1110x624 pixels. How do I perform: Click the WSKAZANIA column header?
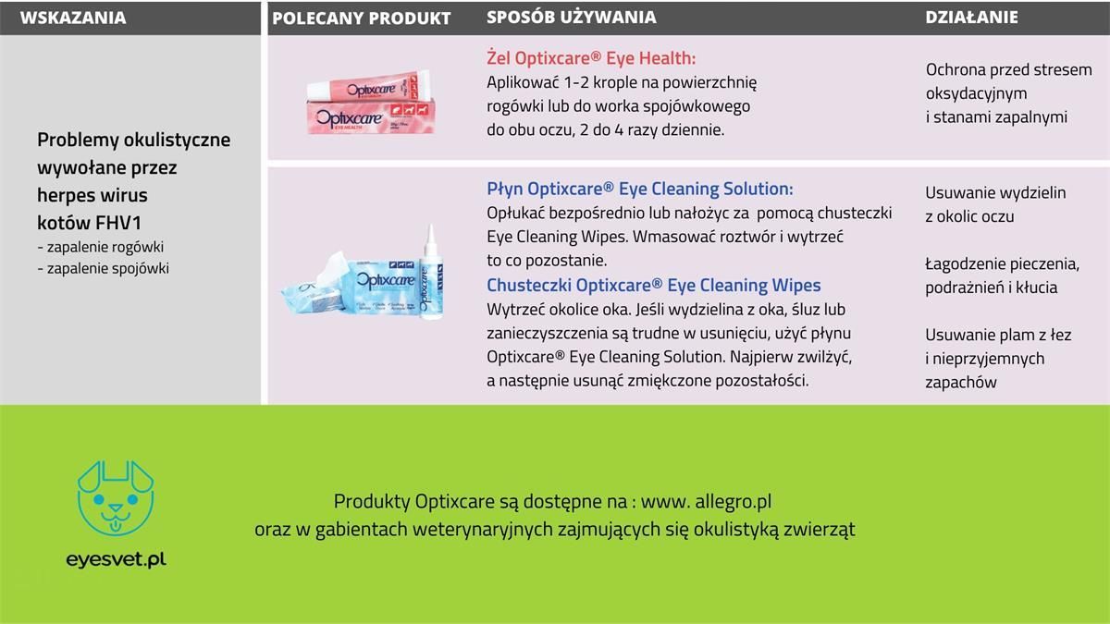click(x=73, y=18)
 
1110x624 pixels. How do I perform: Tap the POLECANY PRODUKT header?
click(x=362, y=18)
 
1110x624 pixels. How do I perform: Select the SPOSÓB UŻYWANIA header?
click(x=572, y=17)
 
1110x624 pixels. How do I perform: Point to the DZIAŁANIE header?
click(x=972, y=18)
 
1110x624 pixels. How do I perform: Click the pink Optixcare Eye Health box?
click(x=371, y=116)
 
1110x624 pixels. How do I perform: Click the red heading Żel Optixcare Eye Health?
click(x=591, y=58)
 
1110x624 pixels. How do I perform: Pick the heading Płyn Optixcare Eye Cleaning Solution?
click(x=640, y=189)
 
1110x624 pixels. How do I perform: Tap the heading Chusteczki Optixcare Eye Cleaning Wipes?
click(x=654, y=286)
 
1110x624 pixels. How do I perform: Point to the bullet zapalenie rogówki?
click(x=101, y=247)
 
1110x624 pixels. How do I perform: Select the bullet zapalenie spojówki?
click(x=103, y=268)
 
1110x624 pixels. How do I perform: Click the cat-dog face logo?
click(x=116, y=498)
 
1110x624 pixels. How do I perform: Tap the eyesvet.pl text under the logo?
click(x=116, y=559)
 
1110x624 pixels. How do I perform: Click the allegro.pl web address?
click(x=706, y=501)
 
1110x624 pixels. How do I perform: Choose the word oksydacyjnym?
click(x=976, y=93)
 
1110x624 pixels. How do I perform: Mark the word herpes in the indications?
click(x=64, y=195)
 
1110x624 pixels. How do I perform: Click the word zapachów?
click(x=960, y=383)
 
